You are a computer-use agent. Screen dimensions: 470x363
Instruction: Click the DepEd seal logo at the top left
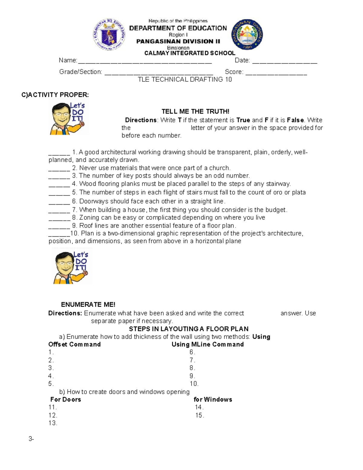109,35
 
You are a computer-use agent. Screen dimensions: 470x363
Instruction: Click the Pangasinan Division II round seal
247,35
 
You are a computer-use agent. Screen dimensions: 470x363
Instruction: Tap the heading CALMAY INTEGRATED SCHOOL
190,53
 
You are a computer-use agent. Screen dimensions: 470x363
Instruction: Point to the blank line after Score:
276,73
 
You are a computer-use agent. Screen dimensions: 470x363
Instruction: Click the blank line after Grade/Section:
159,73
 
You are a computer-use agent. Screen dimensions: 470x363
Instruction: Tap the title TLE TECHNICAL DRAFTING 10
185,80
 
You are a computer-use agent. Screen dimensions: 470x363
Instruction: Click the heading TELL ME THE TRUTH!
195,111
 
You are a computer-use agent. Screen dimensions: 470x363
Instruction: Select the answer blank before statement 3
59,177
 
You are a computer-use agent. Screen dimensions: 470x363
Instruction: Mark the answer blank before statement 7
59,211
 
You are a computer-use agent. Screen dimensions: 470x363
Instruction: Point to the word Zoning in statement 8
89,218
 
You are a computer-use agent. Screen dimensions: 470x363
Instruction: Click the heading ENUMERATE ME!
88,304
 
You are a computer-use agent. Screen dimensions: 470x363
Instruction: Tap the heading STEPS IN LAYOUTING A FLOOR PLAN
189,329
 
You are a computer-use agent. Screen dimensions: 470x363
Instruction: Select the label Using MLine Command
208,344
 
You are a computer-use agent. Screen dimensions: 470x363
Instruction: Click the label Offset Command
74,344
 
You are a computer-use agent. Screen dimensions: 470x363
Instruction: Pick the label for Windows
213,399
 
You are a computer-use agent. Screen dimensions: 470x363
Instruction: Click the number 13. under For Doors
53,423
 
